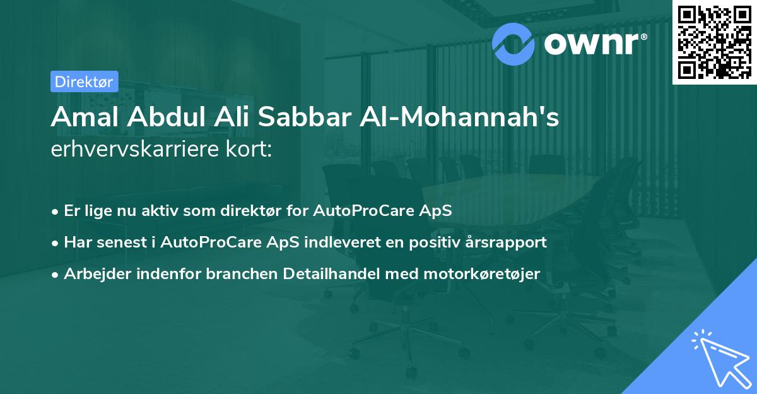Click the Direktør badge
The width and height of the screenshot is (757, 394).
point(84,81)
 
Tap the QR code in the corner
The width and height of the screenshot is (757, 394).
point(714,42)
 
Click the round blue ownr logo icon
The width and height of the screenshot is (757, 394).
point(513,43)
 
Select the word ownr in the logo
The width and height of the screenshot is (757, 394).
point(595,43)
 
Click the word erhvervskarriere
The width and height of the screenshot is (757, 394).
point(132,150)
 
